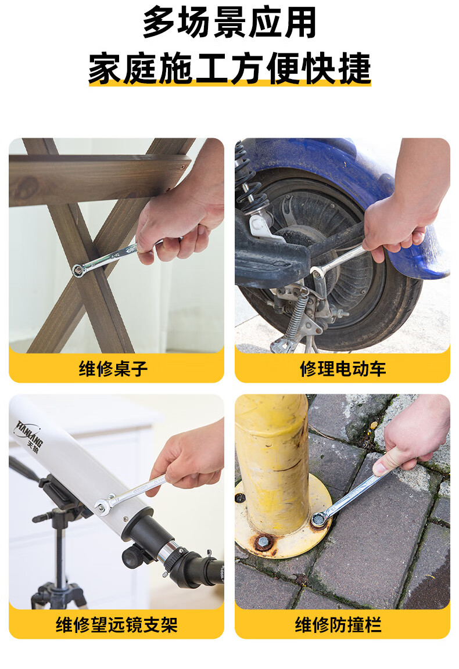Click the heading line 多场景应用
tap(229, 22)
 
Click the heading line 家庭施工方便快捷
tap(229, 68)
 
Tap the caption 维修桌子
tap(113, 368)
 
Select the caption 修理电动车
tap(342, 368)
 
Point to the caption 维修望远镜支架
tap(117, 625)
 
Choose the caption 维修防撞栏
tap(338, 625)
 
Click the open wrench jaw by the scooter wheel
tap(317, 271)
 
